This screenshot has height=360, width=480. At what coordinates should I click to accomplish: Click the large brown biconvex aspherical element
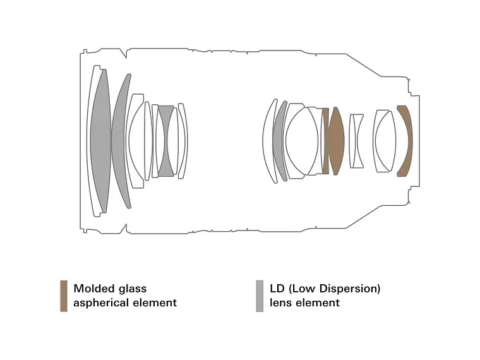[337, 140]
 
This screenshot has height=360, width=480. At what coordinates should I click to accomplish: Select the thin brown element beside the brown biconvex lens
[326, 140]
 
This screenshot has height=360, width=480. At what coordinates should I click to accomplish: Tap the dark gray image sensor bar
[421, 140]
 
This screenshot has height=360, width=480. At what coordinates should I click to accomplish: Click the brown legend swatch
[64, 296]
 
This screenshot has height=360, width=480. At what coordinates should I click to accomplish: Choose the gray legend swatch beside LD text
[260, 296]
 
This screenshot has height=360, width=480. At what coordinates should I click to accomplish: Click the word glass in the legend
[133, 289]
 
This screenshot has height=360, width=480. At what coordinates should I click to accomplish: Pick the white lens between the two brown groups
[357, 140]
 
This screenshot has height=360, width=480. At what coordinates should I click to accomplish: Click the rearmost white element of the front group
[183, 140]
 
